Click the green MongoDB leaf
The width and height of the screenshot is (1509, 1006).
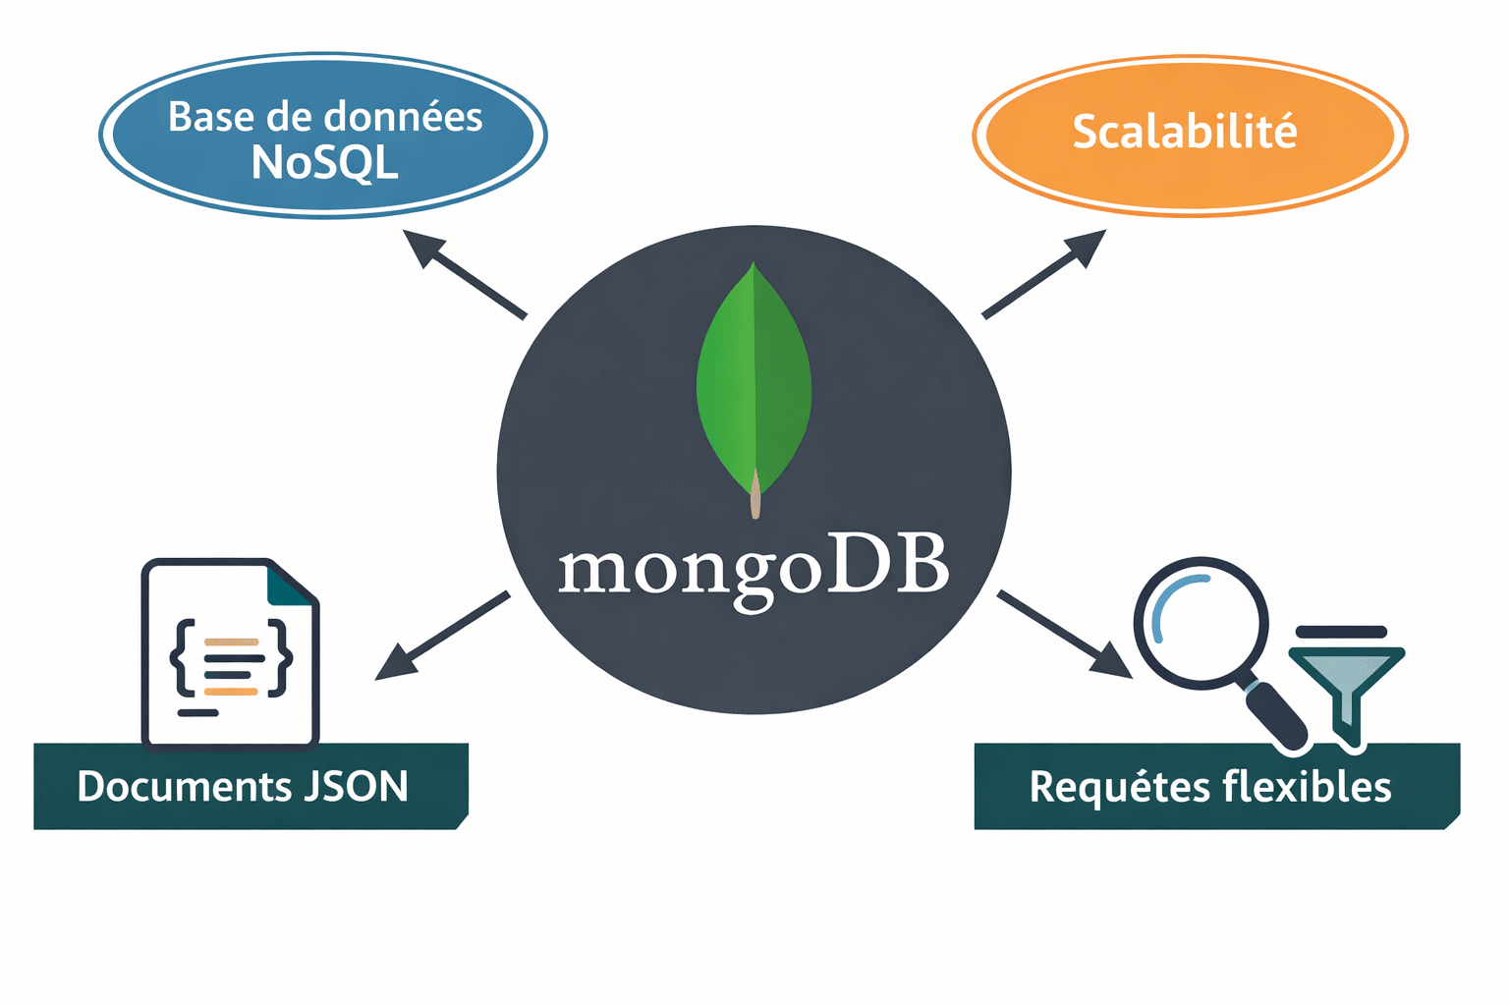coord(754,383)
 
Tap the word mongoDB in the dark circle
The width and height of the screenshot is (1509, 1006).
coord(754,569)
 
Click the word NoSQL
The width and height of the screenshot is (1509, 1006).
coord(325,163)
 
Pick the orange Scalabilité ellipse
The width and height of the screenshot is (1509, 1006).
coord(1190,133)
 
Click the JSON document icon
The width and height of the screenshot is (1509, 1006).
coord(230,653)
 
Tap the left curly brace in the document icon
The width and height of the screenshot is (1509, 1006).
coord(183,657)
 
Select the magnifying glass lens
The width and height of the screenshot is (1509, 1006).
coord(1201,623)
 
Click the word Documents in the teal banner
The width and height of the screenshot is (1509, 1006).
coord(182,787)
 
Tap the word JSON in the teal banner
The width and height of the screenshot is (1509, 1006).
coord(356,787)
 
